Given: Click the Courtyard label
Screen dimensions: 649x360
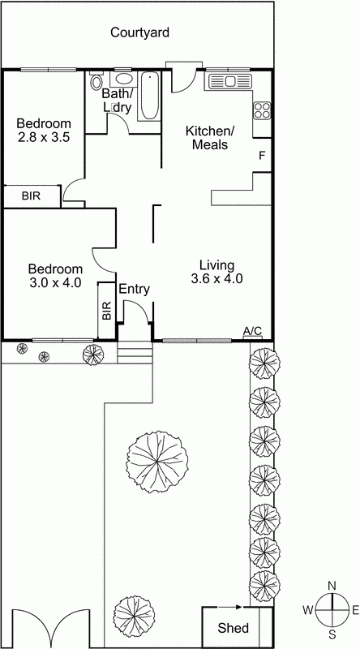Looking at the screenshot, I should coord(139,33).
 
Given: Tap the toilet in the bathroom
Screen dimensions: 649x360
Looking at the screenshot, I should coord(97,81).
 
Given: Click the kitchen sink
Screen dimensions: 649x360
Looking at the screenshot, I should coord(229,81).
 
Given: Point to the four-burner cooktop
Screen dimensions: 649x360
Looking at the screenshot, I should coord(263,110).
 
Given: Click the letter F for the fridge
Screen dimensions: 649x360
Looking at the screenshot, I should coord(261,155).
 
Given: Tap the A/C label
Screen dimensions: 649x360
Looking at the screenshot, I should coord(253,330).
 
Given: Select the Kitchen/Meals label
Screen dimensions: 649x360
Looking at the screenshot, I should coord(209,138).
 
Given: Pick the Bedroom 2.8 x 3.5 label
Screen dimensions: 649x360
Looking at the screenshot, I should coord(44,130).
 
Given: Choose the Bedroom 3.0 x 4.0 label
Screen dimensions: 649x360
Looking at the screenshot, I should coord(55,276).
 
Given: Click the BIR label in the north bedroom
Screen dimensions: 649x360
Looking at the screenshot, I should coord(31,196).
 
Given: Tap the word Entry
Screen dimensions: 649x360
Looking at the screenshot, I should coord(135,289).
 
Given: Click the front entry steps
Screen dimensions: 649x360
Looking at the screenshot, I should coord(135,354).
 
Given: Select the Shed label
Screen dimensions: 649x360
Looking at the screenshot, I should coord(234,628).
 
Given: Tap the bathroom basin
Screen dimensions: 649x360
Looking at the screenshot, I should coord(123,80).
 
